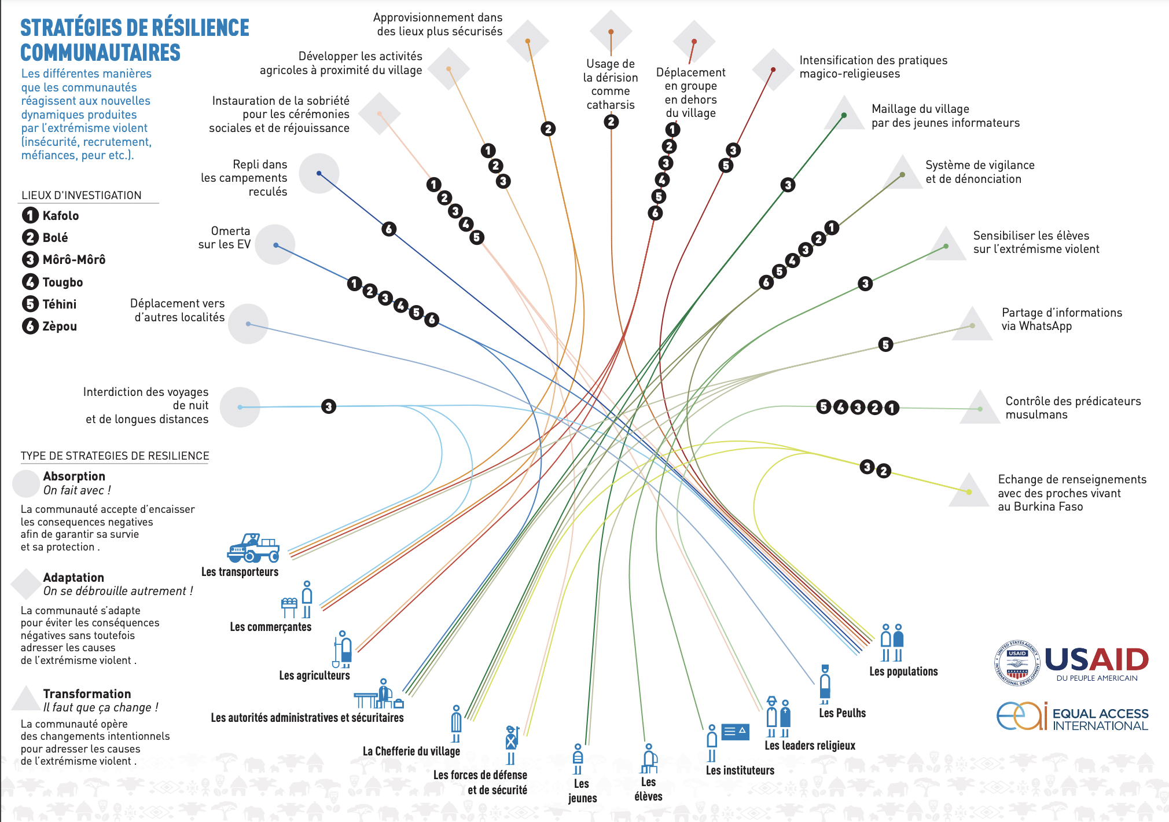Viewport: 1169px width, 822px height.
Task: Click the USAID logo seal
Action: tap(1017, 663)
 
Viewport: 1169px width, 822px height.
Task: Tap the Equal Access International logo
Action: tap(1072, 717)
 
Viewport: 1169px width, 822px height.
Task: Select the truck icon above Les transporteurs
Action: tap(253, 548)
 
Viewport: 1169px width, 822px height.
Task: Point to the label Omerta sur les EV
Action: tap(225, 237)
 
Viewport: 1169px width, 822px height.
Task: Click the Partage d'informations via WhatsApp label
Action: tap(1061, 319)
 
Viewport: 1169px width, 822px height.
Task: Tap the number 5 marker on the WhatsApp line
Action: tap(885, 345)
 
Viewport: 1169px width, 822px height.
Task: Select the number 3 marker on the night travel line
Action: tap(329, 406)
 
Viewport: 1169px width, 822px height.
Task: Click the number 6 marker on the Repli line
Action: tap(389, 229)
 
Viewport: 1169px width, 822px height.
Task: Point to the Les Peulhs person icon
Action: tap(825, 684)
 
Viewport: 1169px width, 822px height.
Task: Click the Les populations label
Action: tap(903, 671)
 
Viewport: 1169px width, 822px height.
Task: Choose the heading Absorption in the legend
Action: tap(74, 476)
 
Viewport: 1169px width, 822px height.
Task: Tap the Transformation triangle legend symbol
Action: tap(25, 699)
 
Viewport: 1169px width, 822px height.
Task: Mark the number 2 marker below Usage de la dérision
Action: tap(611, 122)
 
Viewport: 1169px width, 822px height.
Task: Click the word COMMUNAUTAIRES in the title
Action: tap(101, 53)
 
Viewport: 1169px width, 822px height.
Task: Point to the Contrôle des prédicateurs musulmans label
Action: tap(1073, 408)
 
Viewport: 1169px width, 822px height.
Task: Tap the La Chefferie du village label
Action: tap(411, 751)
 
